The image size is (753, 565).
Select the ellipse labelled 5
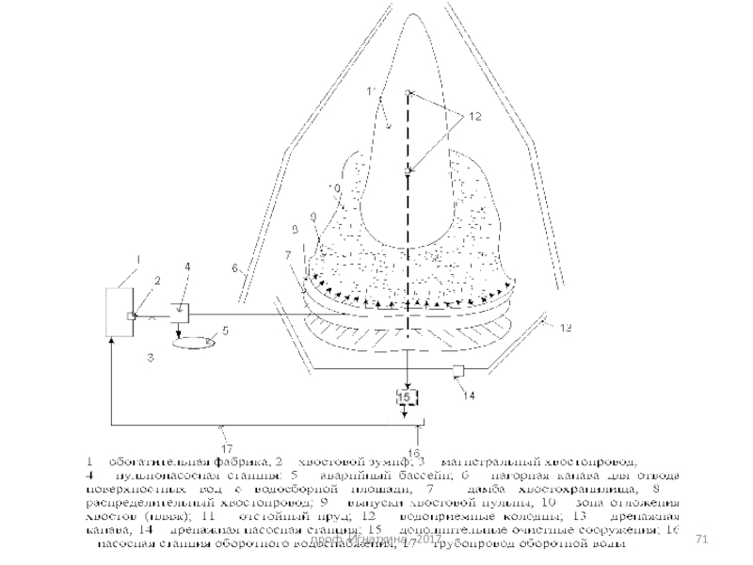point(193,343)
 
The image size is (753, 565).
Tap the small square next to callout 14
point(458,368)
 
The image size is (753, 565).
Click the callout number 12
point(473,116)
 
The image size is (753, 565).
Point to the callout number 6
point(235,267)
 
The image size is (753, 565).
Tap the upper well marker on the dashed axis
point(408,92)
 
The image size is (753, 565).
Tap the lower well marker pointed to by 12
point(408,171)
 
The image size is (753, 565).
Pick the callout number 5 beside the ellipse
point(226,331)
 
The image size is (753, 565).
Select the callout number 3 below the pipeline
point(150,358)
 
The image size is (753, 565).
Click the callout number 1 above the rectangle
point(138,257)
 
